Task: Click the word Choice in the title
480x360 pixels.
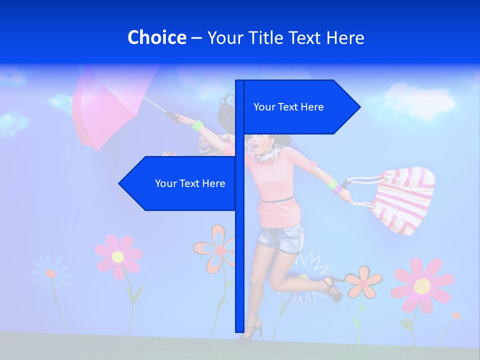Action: click(x=156, y=37)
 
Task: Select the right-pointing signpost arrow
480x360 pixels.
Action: click(x=300, y=107)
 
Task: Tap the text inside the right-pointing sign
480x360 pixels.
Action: click(x=288, y=107)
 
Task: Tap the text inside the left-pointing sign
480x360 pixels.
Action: click(x=190, y=183)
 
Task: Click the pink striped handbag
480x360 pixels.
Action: click(x=402, y=200)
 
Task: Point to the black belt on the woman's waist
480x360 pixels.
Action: click(x=277, y=200)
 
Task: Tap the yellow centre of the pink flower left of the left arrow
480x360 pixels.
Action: click(x=118, y=257)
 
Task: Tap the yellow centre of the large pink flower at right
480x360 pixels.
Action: click(x=422, y=286)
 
